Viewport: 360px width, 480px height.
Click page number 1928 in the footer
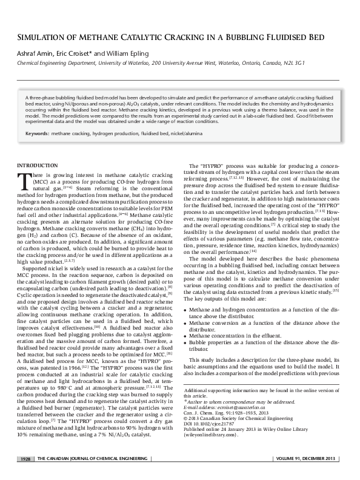pos(25,460)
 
